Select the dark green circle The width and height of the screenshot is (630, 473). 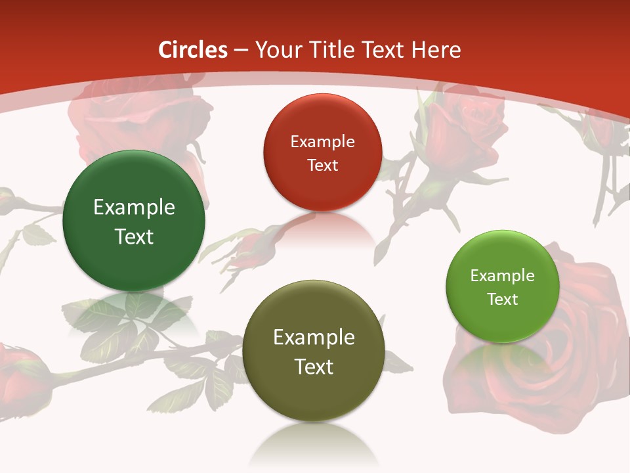(134, 263)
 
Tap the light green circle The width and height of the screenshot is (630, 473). (503, 322)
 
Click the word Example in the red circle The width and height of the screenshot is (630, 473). (322, 142)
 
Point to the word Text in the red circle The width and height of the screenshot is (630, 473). (322, 166)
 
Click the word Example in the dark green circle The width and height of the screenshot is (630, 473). (134, 208)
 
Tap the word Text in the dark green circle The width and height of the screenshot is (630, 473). (134, 237)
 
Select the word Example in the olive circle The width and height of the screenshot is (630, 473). (314, 338)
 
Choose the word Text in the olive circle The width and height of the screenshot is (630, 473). (314, 367)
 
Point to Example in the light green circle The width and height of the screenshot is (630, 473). (503, 276)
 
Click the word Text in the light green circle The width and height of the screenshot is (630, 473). (503, 300)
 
